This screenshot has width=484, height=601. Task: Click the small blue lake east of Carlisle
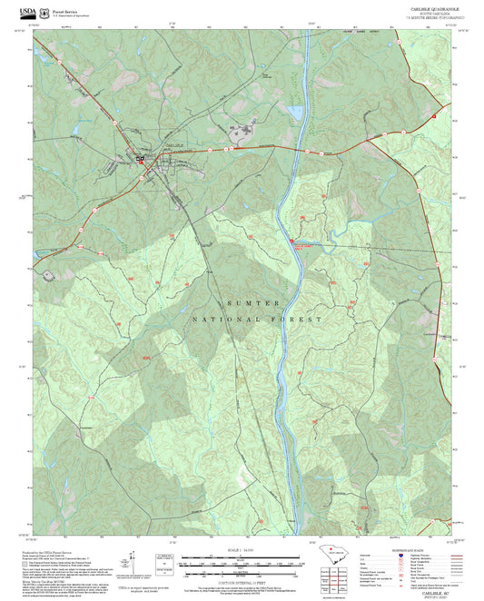(293, 113)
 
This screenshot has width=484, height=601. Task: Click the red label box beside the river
(302, 242)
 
